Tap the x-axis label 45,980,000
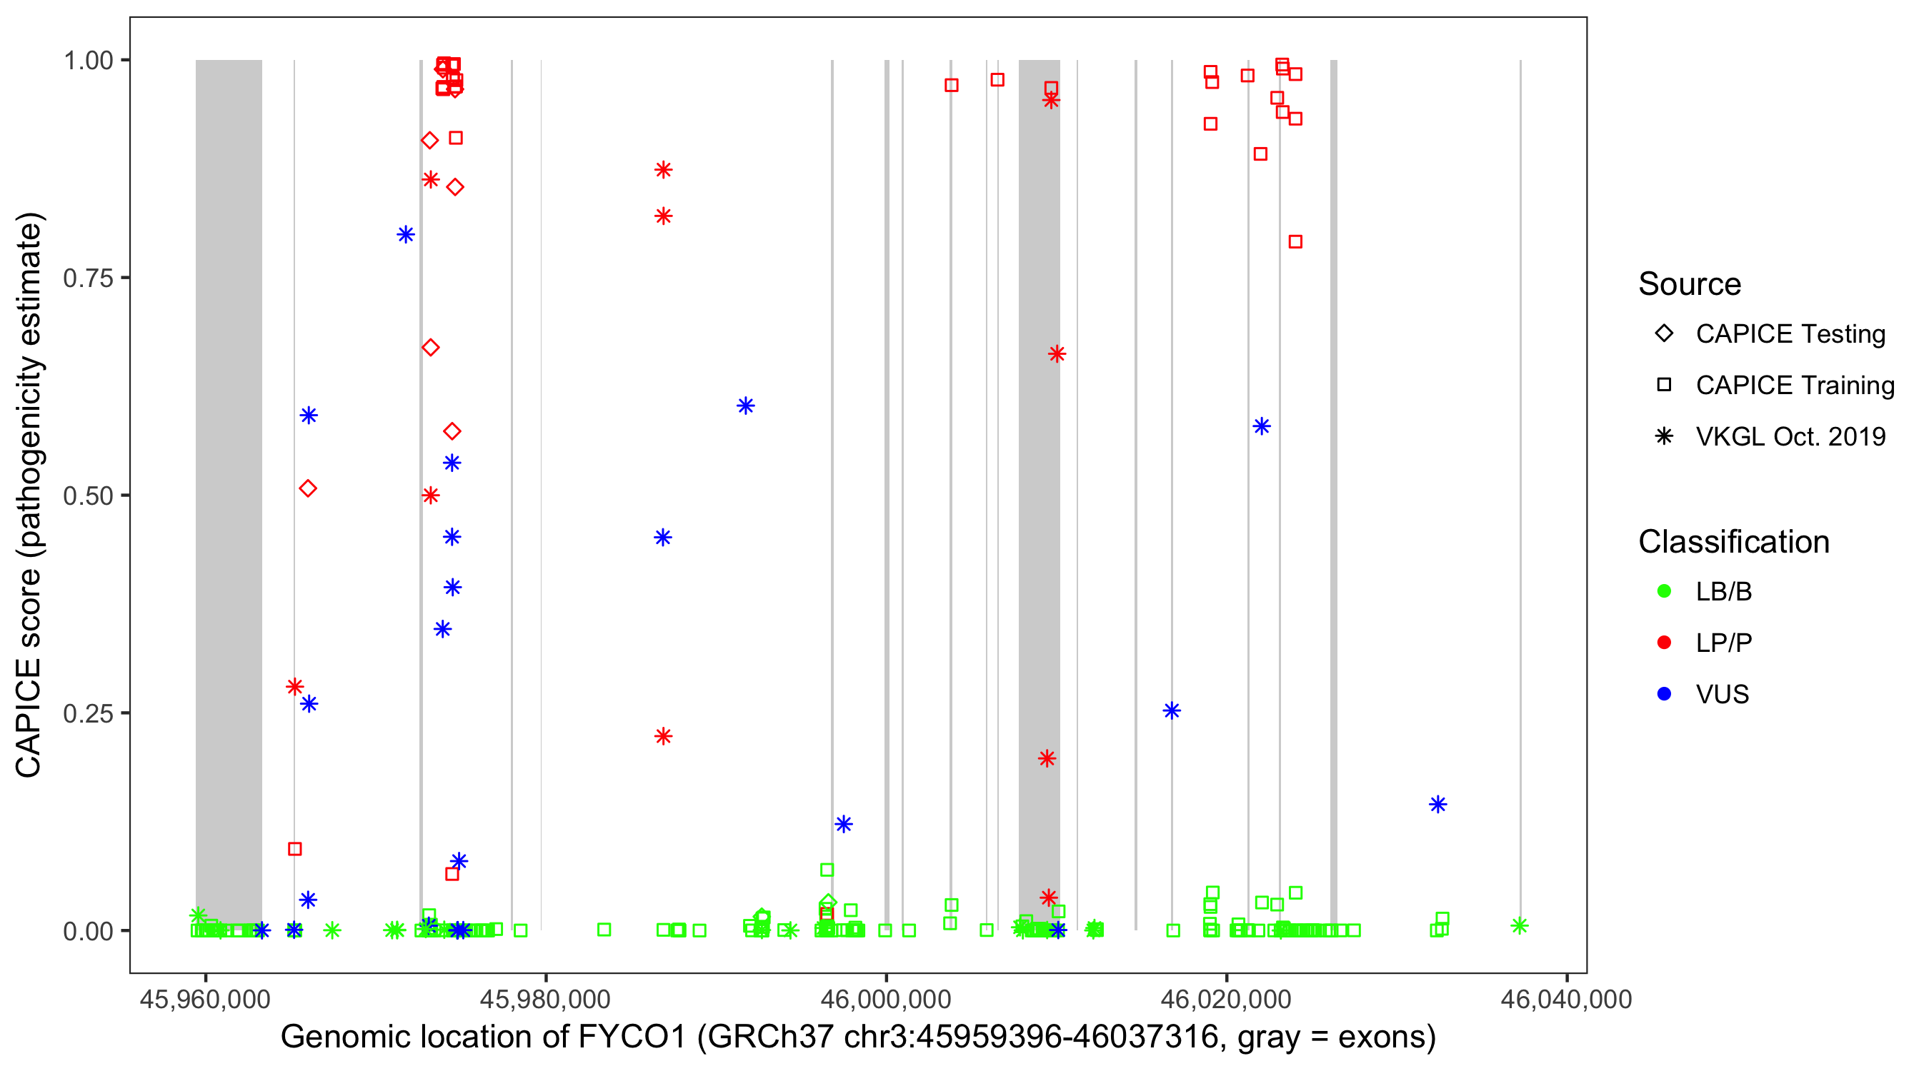(545, 999)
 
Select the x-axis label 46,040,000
(1567, 999)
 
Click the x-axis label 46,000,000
(886, 999)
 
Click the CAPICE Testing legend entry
(1790, 334)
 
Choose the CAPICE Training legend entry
(1794, 386)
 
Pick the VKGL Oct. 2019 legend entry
(1790, 436)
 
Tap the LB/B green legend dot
(1664, 591)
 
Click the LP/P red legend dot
(1664, 643)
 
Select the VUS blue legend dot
(1664, 694)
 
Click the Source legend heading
(1690, 284)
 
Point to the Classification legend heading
(1733, 542)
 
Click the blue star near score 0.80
(406, 235)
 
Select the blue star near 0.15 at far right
(1437, 805)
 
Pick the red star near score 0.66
(1057, 354)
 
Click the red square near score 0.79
(1295, 242)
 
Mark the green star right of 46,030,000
(1520, 926)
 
